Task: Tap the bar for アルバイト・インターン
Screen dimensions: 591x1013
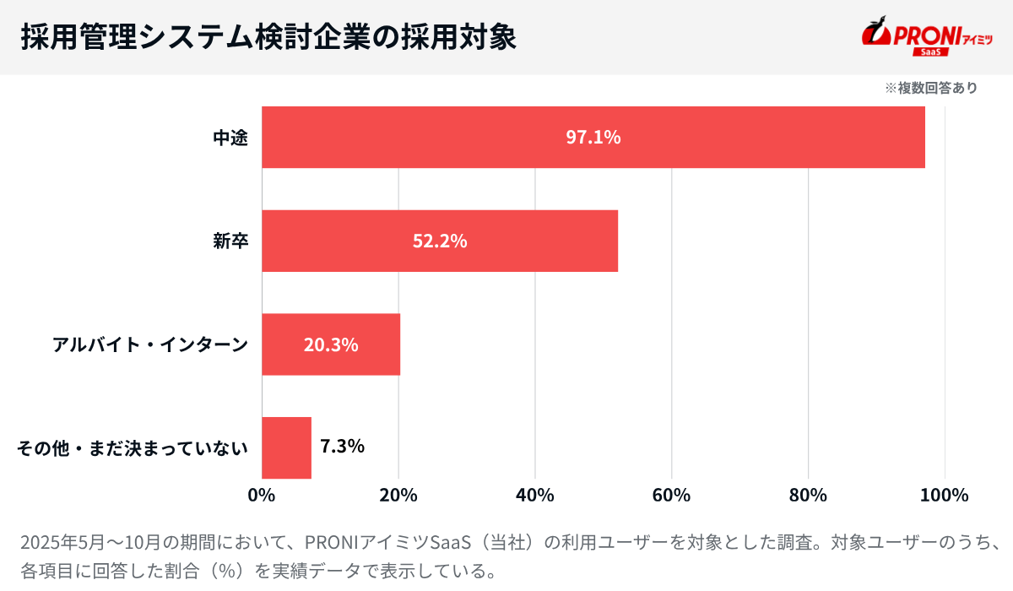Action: pyautogui.click(x=279, y=344)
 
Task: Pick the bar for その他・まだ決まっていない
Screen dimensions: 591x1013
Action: pyautogui.click(x=286, y=447)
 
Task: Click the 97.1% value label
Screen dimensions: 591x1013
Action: pyautogui.click(x=593, y=138)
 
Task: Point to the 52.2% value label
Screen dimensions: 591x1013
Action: pyautogui.click(x=440, y=241)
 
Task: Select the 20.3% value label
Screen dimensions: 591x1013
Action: pyautogui.click(x=331, y=344)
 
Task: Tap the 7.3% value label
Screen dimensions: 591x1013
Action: pyautogui.click(x=343, y=446)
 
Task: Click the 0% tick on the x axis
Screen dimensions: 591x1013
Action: pyautogui.click(x=262, y=495)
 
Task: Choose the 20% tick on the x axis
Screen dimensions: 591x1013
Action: pyautogui.click(x=398, y=495)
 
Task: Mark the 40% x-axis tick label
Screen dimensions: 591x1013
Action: pyautogui.click(x=535, y=495)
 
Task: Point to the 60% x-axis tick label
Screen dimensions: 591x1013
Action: pyautogui.click(x=672, y=495)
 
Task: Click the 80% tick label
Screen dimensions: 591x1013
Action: pyautogui.click(x=809, y=495)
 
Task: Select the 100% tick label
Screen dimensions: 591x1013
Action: pyautogui.click(x=945, y=495)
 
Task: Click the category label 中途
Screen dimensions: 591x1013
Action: pyautogui.click(x=230, y=138)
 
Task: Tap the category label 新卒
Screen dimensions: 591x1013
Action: pyautogui.click(x=230, y=241)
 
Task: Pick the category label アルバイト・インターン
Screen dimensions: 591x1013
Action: pyautogui.click(x=150, y=344)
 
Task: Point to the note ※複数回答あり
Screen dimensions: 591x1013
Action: pyautogui.click(x=931, y=88)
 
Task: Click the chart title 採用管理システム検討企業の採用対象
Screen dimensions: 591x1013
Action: pyautogui.click(x=268, y=37)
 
